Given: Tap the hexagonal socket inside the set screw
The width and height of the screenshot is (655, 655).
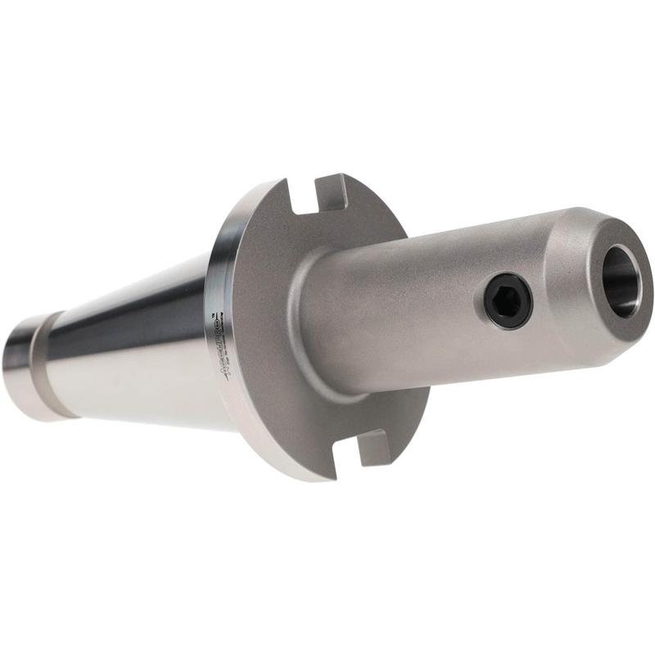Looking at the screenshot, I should click(508, 300).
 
